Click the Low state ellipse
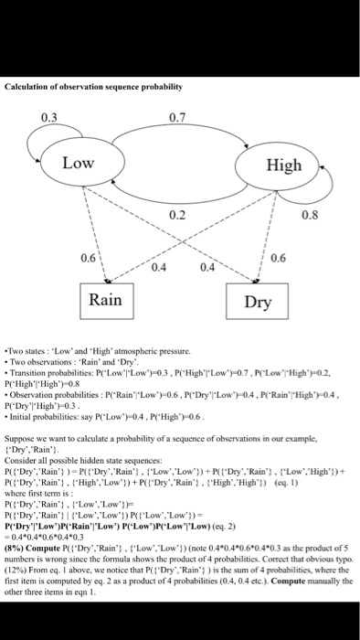[80, 163]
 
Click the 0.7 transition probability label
[179, 116]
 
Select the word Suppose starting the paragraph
[21, 438]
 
